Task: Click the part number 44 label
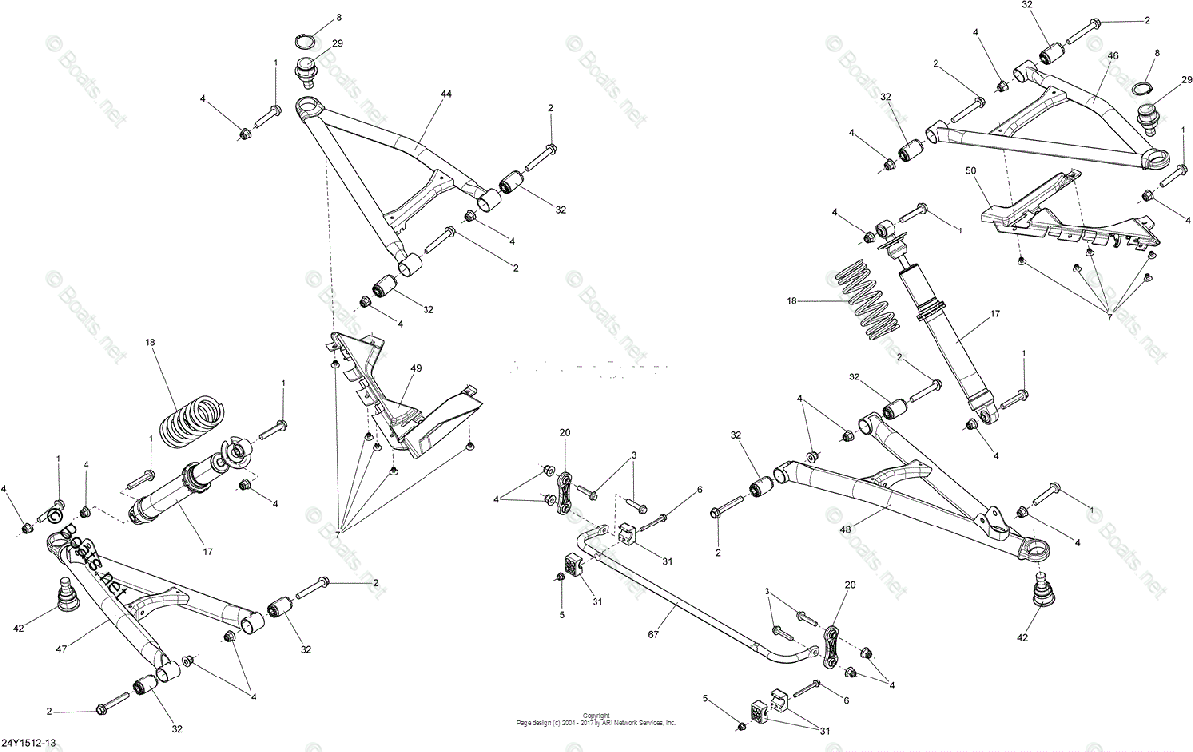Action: (x=445, y=92)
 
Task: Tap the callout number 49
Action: (x=416, y=367)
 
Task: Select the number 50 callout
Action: (x=972, y=172)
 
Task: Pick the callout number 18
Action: (x=151, y=342)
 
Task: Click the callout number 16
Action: (x=792, y=299)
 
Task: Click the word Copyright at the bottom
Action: (x=596, y=715)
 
